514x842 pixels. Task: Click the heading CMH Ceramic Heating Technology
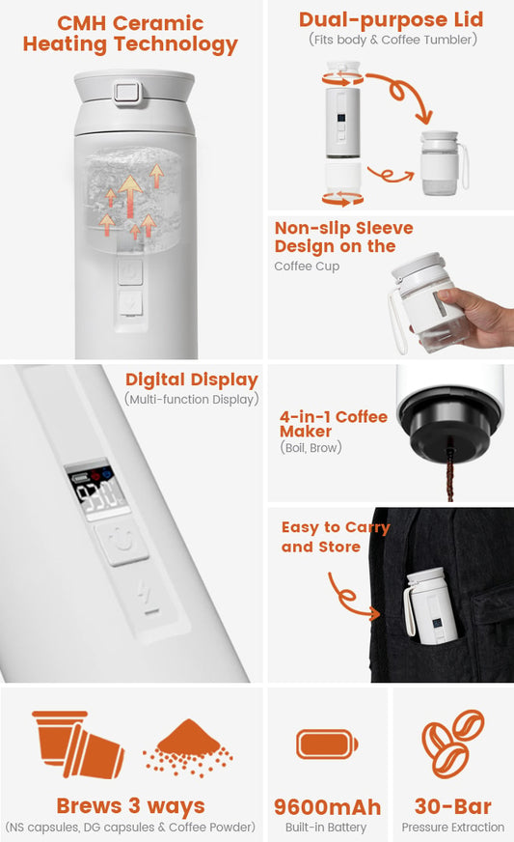pos(130,34)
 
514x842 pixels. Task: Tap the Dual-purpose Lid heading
pos(391,19)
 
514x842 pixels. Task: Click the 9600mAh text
pos(327,806)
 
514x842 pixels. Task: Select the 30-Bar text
pos(452,806)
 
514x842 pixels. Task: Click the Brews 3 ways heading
pos(130,805)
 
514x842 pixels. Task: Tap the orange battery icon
pos(327,744)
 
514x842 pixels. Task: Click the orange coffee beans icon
pos(452,743)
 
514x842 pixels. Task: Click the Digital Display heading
pos(191,379)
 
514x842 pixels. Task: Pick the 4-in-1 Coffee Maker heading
pos(333,424)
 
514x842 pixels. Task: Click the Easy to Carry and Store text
pos(335,537)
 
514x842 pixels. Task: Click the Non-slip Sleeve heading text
pos(342,238)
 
